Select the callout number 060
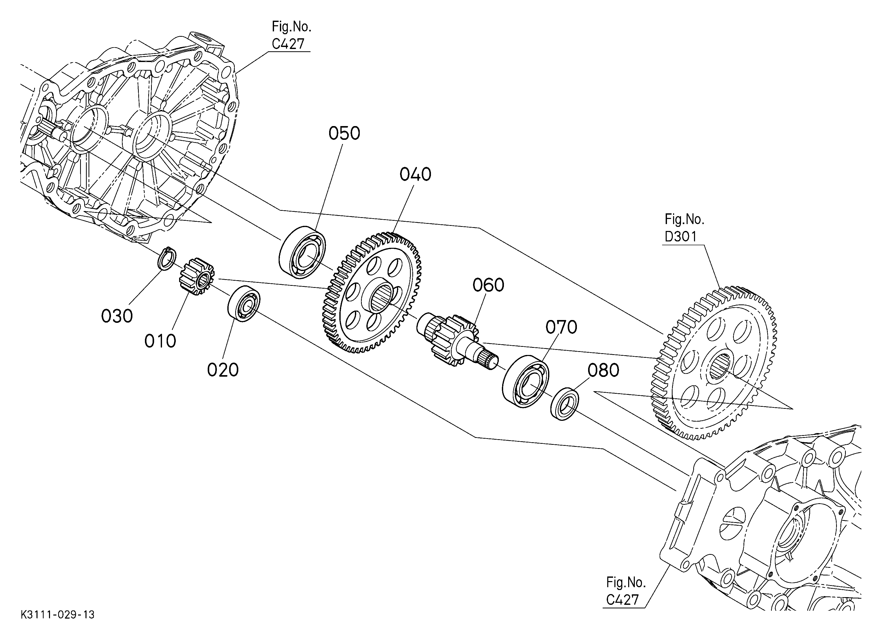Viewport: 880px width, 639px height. (x=488, y=285)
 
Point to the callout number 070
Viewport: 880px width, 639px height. (x=561, y=327)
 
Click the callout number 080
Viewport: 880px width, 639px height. (x=603, y=371)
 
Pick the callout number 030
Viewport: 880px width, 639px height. (x=117, y=316)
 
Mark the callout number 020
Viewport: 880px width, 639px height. (x=223, y=370)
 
